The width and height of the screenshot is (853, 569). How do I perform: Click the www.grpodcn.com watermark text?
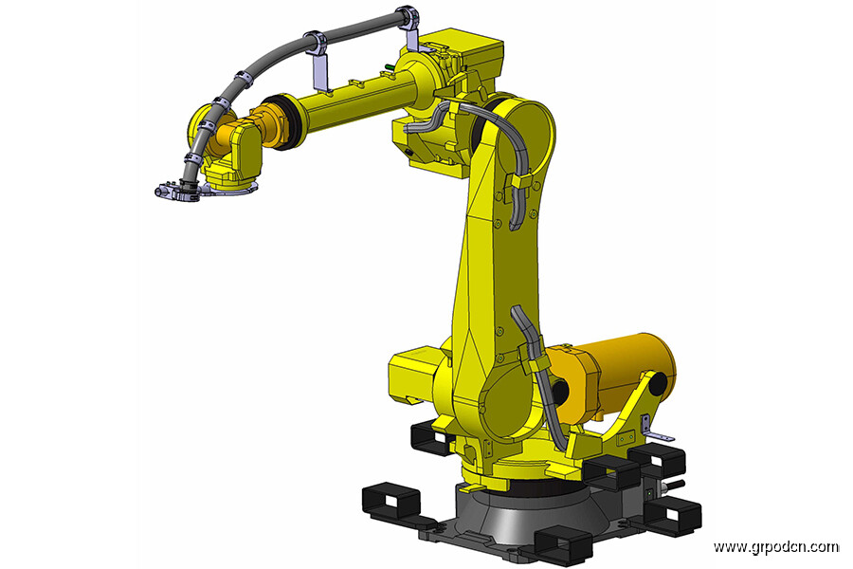[x=776, y=546]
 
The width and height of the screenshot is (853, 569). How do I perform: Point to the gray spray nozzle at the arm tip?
[x=175, y=190]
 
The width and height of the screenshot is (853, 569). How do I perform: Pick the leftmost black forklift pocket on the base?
[x=390, y=501]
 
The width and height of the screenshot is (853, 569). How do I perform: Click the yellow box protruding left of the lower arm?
[x=413, y=376]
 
